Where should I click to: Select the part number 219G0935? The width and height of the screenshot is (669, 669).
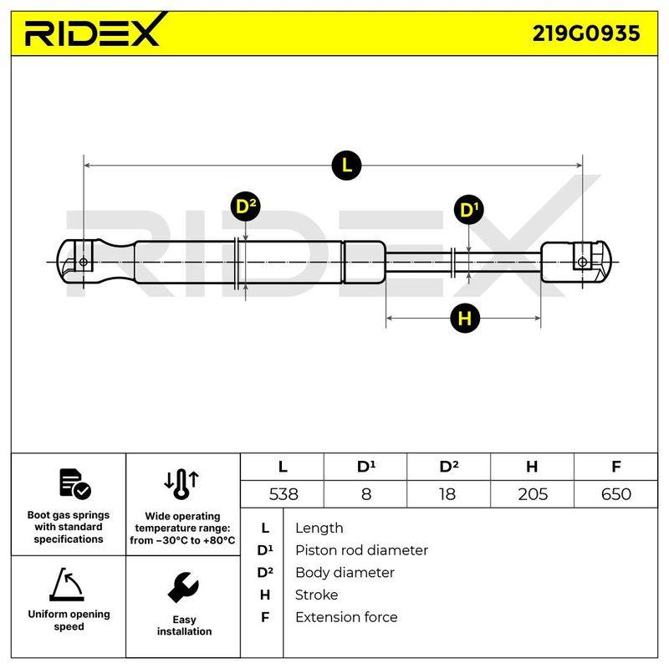(x=586, y=33)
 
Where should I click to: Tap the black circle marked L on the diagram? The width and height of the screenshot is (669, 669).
(x=346, y=166)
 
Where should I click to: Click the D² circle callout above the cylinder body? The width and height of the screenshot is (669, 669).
(x=246, y=207)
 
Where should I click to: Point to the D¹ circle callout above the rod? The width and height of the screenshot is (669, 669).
(x=469, y=210)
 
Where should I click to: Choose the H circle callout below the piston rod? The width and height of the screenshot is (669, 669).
(x=465, y=319)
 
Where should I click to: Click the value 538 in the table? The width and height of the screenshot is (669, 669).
(x=283, y=494)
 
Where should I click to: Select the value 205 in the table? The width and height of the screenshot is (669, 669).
(x=533, y=494)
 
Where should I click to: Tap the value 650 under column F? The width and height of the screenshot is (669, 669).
(x=615, y=494)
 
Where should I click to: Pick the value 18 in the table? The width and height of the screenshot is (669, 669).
(x=447, y=494)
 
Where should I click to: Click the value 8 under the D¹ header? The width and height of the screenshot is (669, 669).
(x=366, y=494)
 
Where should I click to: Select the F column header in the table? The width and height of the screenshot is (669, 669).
(x=615, y=467)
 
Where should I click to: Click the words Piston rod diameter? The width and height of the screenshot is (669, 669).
(x=361, y=550)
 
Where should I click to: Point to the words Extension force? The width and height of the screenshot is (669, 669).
(x=346, y=617)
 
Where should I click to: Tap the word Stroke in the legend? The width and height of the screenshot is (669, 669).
(x=316, y=595)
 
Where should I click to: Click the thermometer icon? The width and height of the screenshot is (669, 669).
(x=181, y=484)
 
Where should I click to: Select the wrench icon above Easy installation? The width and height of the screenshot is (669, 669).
(x=183, y=587)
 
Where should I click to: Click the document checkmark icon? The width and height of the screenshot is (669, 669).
(x=75, y=484)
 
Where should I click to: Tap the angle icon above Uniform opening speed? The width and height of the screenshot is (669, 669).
(x=67, y=584)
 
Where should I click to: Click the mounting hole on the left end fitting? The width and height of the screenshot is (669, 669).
(x=84, y=262)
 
